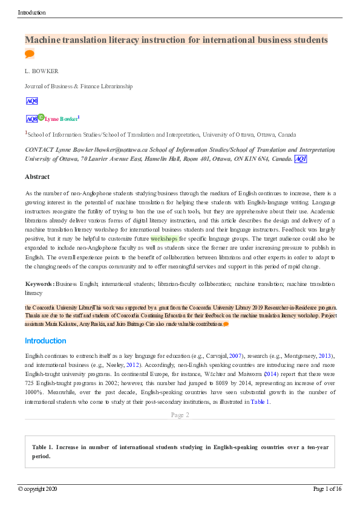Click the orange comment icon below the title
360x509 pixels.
click(29, 54)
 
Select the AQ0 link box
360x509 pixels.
click(32, 101)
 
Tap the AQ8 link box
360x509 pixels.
click(31, 119)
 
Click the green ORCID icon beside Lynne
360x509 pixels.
click(41, 117)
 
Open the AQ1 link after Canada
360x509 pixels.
click(301, 159)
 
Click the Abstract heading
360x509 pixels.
click(37, 177)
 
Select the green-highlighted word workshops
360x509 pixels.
click(164, 239)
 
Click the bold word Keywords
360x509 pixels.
click(39, 284)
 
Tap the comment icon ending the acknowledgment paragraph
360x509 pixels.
click(226, 324)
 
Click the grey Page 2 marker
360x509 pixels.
click(180, 415)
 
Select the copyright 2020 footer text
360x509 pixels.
click(38, 488)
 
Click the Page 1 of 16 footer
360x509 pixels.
click(327, 488)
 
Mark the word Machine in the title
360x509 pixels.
click(44, 40)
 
